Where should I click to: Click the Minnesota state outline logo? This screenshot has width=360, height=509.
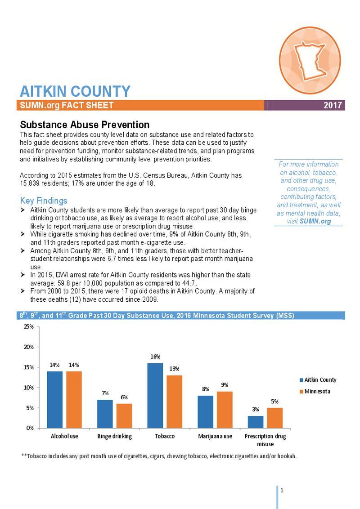pos(310,61)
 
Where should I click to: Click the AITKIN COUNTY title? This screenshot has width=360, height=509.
pos(75,91)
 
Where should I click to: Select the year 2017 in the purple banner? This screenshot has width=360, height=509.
pos(333,106)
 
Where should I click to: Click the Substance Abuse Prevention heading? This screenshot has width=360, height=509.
pos(85,125)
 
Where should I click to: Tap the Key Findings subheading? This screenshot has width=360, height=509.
pos(44,201)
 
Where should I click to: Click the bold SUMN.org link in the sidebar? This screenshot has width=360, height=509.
pos(315,221)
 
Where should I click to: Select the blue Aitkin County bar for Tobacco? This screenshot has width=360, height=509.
pos(155,396)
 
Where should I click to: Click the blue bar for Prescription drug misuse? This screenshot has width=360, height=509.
pos(255,422)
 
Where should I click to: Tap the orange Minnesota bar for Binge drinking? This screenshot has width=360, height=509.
pos(124,416)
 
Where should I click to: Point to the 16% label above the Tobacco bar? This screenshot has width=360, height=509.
pos(155,357)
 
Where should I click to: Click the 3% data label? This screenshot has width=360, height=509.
pos(255,410)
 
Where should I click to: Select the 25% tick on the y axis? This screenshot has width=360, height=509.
pos(28,326)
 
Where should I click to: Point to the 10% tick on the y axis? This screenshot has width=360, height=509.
pos(28,388)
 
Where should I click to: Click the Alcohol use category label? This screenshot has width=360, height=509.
pos(64,436)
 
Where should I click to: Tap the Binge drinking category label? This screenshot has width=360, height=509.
pos(114,436)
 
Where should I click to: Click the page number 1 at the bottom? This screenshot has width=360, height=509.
pos(282,490)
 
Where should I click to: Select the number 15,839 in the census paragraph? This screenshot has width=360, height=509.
pos(30,183)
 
